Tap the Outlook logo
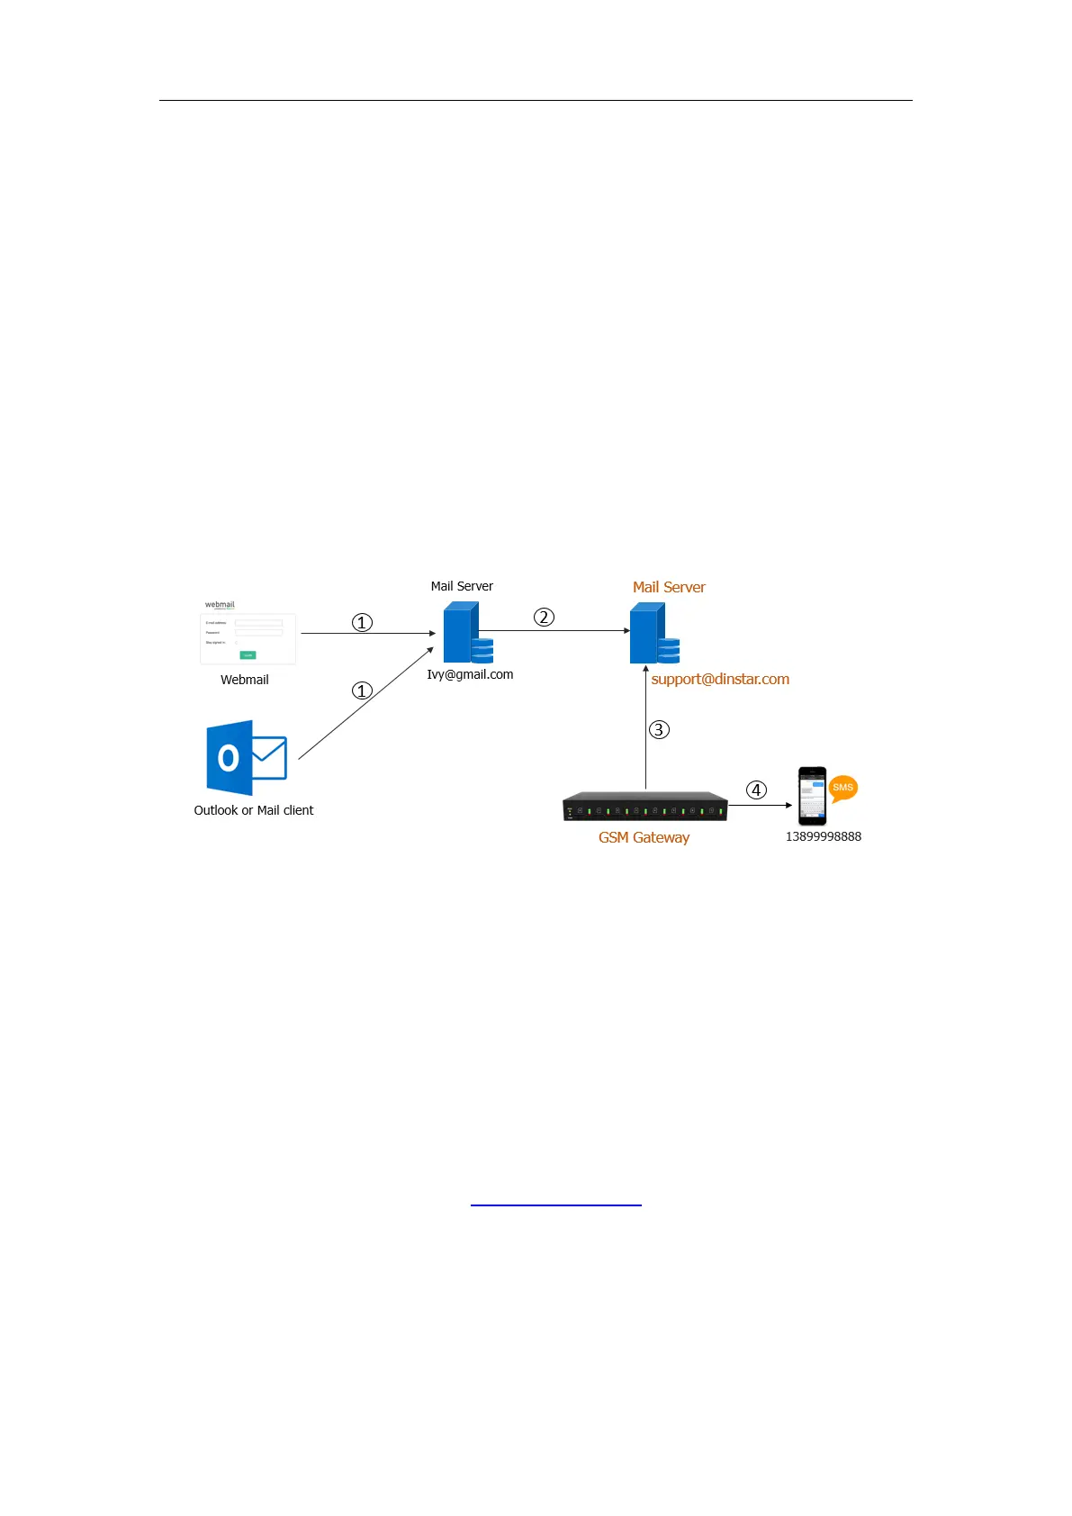tap(246, 757)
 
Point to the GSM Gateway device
tap(644, 807)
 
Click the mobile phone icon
tap(812, 796)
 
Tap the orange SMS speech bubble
tap(842, 788)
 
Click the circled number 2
tap(544, 617)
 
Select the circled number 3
tap(659, 729)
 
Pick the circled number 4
tap(756, 790)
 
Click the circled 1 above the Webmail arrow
tap(362, 622)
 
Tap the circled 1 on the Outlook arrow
tap(362, 690)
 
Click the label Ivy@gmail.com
tap(470, 674)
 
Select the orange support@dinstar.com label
tap(720, 679)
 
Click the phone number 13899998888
tap(823, 836)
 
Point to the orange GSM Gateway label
tap(644, 837)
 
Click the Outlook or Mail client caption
tap(254, 810)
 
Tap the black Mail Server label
tap(462, 586)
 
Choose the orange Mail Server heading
tap(669, 587)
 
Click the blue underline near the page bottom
tap(555, 1204)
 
